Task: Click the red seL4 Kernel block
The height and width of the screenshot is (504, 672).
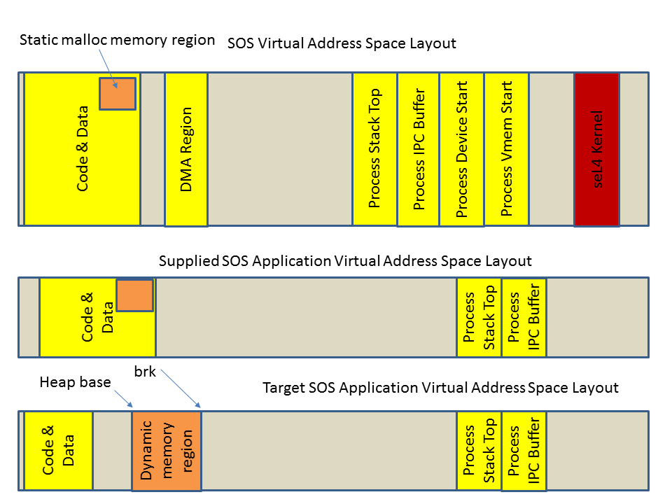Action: [596, 149]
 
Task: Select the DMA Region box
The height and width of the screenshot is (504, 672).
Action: [185, 149]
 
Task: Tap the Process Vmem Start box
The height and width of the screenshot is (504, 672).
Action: [506, 148]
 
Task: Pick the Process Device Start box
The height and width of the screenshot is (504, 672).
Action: [461, 149]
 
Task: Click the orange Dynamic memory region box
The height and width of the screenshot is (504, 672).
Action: [167, 451]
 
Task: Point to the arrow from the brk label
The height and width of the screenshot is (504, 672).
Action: [181, 388]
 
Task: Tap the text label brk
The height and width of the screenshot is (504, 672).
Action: [145, 371]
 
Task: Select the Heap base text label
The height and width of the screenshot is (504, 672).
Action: [75, 382]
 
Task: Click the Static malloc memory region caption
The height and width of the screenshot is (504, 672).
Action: [117, 40]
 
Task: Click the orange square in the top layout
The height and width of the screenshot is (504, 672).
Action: [117, 94]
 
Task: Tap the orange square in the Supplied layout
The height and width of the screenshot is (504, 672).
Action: [134, 295]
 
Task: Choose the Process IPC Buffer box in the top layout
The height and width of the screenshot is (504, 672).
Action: [419, 149]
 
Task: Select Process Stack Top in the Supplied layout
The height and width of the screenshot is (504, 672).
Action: [479, 317]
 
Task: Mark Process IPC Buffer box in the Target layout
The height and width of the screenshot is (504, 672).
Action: [524, 451]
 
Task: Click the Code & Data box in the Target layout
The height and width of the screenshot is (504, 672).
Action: [58, 451]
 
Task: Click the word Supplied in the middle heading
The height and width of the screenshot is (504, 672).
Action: [188, 261]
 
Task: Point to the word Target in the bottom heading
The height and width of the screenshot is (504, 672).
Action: [283, 387]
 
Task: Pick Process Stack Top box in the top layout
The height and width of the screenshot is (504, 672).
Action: [374, 148]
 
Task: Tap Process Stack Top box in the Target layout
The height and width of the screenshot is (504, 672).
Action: [479, 451]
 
